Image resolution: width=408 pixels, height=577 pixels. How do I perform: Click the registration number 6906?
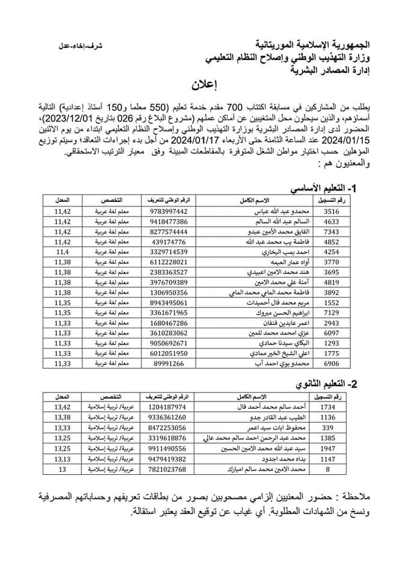pyautogui.click(x=331, y=347)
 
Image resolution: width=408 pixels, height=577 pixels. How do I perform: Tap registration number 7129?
pyautogui.click(x=331, y=313)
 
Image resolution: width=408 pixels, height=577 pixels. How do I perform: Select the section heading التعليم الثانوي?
pyautogui.click(x=324, y=384)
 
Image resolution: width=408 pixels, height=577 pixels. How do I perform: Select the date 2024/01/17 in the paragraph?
pyautogui.click(x=190, y=142)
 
